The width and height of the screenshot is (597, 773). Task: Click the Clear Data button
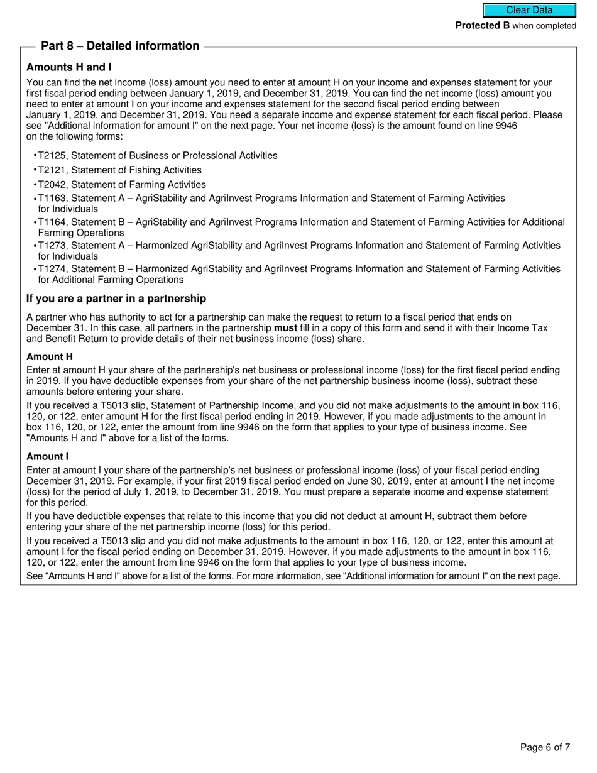pos(529,10)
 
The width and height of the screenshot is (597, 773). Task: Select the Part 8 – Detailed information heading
pos(120,46)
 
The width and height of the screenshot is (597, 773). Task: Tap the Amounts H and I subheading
pos(69,67)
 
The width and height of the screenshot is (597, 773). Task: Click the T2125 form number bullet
pos(53,155)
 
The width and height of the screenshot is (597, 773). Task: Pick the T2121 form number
pos(53,170)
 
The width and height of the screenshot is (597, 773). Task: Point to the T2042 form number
pos(53,184)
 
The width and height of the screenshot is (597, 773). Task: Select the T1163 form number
pos(53,198)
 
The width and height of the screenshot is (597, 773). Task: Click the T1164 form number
pos(53,222)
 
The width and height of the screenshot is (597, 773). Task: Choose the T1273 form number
pos(53,245)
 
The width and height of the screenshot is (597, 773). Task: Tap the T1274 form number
pos(53,268)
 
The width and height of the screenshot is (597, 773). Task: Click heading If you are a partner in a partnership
pos(116,299)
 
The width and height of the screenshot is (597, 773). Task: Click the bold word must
pos(285,328)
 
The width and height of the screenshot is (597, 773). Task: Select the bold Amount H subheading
pos(50,357)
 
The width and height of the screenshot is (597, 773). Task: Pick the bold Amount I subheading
pos(48,456)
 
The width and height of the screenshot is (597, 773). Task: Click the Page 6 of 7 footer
pos(545,747)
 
